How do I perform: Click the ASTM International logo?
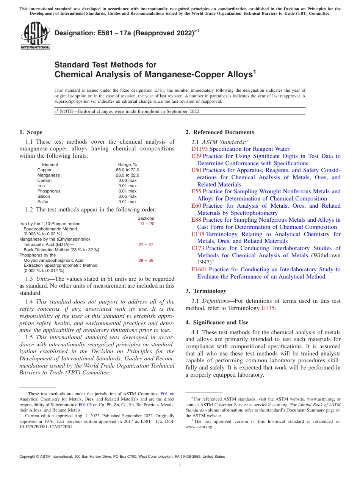pos(35,36)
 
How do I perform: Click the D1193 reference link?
pos(199,149)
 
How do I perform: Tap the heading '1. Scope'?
pos(31,132)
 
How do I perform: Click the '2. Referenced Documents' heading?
pos(220,132)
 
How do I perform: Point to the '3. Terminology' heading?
pos(206,291)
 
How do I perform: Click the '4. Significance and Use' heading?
pos(217,322)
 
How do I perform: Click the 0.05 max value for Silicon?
pos(127,196)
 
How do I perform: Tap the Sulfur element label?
pos(44,202)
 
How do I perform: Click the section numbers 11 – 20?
pos(147,224)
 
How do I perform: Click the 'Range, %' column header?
pos(127,164)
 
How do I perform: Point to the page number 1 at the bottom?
pos(180,466)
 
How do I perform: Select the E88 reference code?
pos(196,220)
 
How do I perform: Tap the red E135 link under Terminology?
pos(268,308)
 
